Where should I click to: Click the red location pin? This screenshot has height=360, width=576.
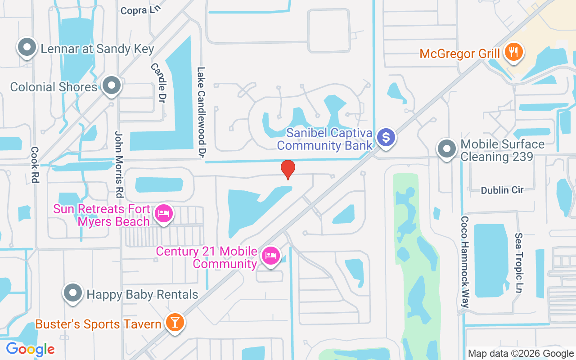288,170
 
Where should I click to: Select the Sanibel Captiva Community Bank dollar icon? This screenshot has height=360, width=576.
386,137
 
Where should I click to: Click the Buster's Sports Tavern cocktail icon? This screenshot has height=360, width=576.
174,322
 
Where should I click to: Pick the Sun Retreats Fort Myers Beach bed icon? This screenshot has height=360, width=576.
163,213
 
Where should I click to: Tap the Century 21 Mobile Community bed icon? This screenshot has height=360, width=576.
270,256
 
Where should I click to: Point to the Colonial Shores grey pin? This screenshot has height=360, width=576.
111,85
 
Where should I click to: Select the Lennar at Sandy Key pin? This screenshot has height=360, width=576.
27,47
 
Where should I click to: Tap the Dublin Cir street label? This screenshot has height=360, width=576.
502,190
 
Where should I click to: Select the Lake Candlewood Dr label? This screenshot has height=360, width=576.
202,112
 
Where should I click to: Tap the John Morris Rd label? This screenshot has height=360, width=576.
119,165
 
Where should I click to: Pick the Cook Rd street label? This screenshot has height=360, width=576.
35,165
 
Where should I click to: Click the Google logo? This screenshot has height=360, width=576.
30,349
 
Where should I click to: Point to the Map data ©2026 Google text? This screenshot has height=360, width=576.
521,354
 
